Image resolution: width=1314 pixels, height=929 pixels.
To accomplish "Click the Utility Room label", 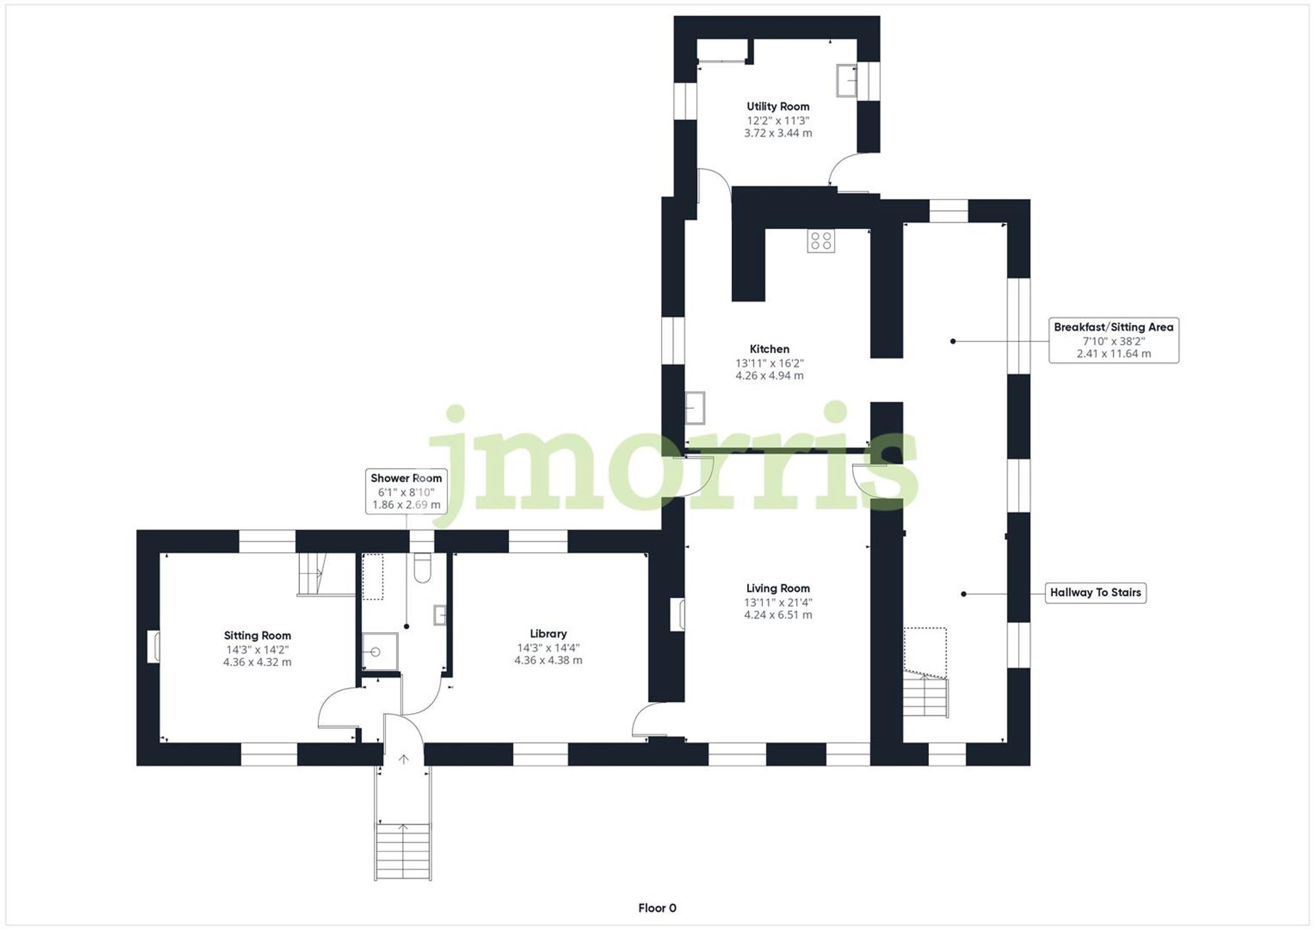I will (777, 106).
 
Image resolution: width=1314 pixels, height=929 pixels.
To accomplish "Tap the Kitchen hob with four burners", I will (821, 241).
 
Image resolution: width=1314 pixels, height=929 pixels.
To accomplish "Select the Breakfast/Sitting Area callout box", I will (1113, 340).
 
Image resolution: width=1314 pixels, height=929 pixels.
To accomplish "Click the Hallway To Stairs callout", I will (1095, 593).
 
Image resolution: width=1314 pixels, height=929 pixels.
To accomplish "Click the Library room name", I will (548, 634).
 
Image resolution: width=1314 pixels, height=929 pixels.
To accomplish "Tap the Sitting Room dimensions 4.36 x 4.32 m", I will (257, 662).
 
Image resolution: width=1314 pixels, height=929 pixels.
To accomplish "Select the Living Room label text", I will (777, 588).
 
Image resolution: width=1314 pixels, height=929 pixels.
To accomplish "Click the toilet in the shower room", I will (422, 569).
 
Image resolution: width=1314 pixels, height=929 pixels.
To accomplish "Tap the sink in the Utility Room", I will (846, 81).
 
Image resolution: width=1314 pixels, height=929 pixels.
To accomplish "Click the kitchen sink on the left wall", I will (694, 408).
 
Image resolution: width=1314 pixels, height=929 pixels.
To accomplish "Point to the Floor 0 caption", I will (657, 908).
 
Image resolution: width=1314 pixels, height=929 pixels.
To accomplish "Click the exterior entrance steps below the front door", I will (403, 851).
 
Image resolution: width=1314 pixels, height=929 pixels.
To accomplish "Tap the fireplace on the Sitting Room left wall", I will (153, 647).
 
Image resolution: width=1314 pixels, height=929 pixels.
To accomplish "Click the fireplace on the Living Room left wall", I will (677, 615).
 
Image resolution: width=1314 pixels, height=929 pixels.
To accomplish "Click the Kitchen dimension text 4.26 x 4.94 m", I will (769, 376).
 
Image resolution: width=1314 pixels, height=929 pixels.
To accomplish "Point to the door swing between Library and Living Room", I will (648, 720).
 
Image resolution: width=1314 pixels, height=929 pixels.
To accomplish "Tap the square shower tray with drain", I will (380, 651).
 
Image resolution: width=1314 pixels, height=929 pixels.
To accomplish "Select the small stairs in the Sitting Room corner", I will (313, 574).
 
